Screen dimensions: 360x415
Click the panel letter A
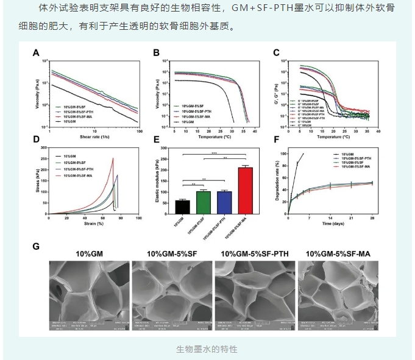coord(37,54)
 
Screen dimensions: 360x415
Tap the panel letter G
coord(37,247)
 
